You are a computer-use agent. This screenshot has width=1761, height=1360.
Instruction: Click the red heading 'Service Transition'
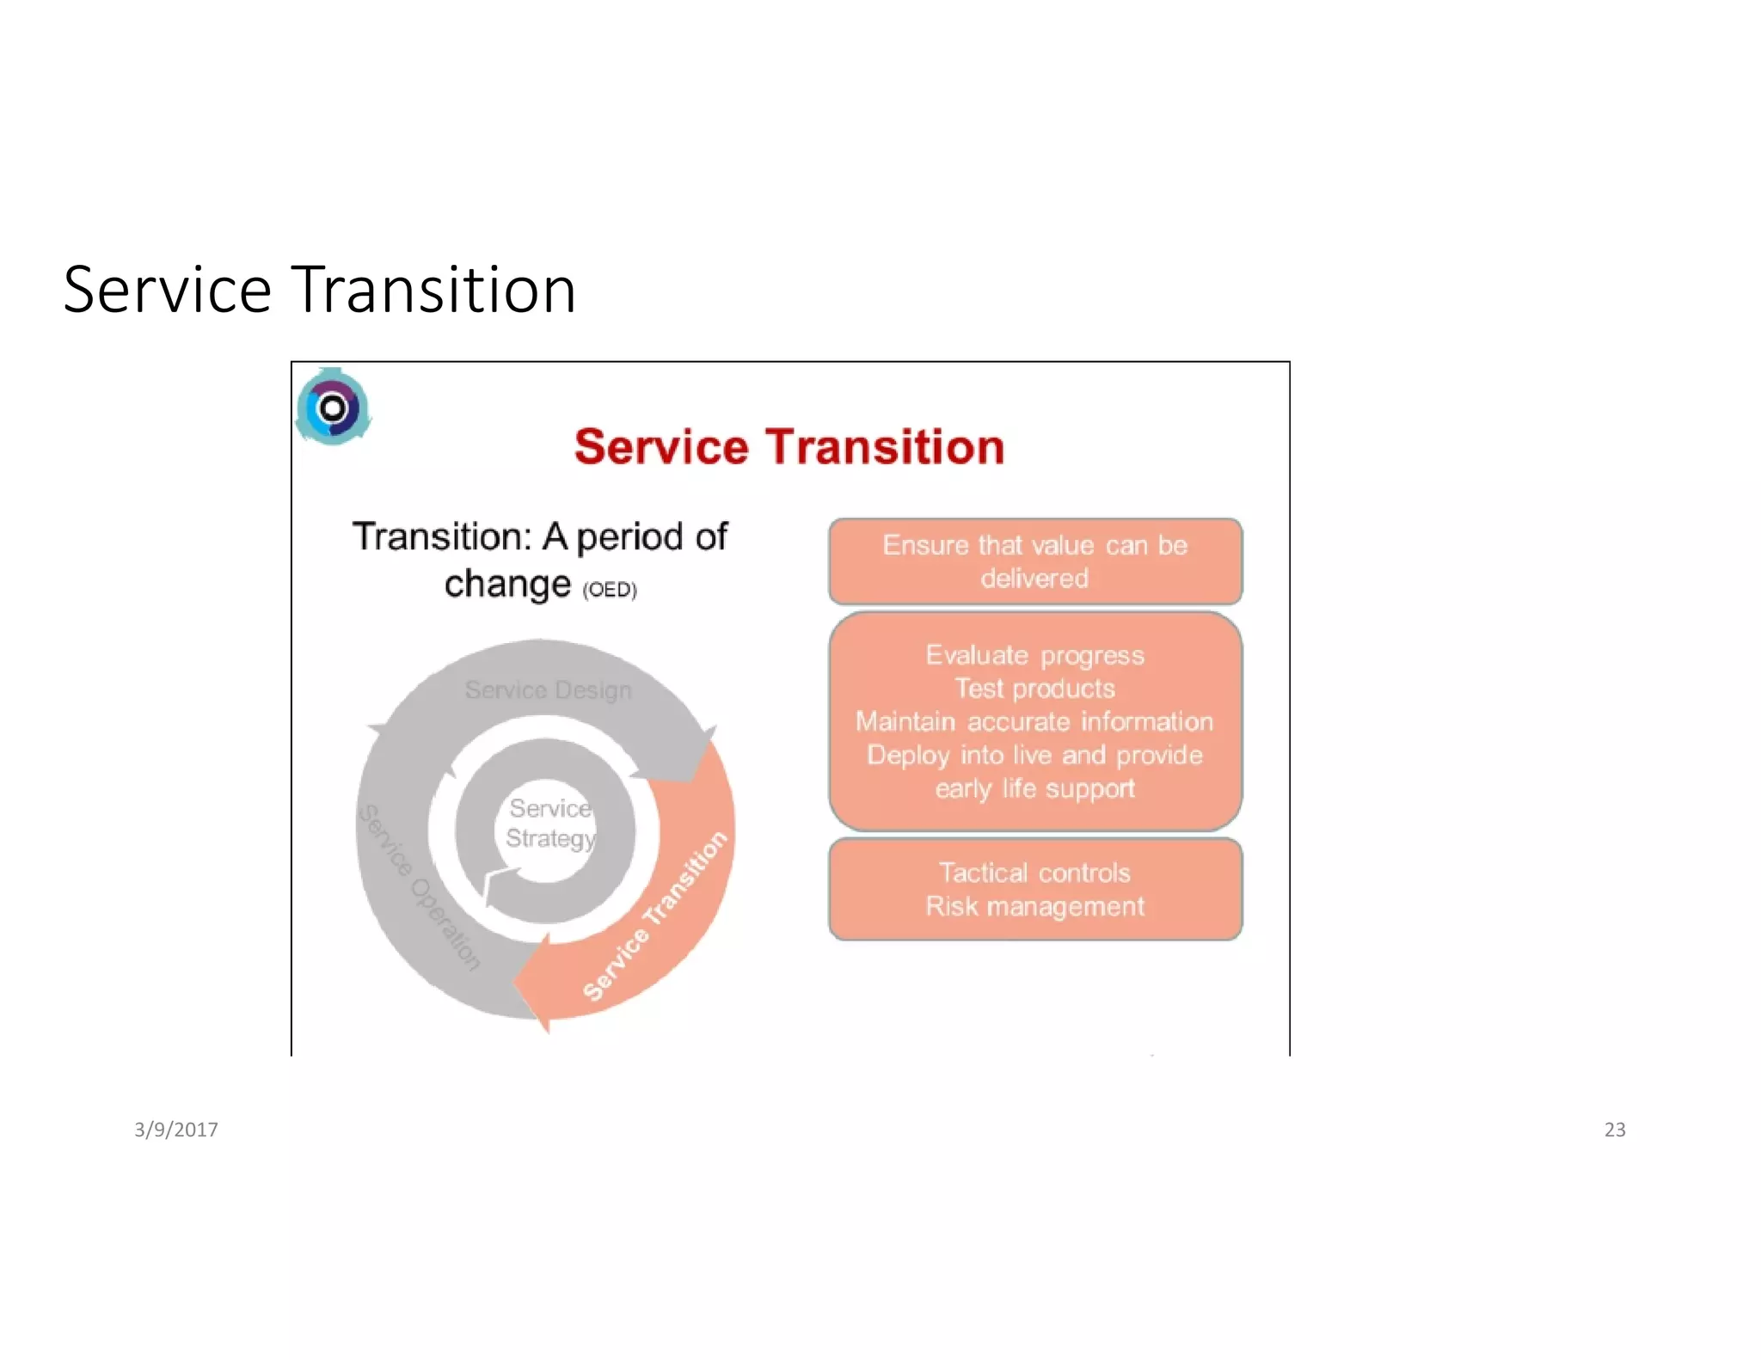point(788,447)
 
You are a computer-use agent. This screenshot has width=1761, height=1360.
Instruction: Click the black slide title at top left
point(319,291)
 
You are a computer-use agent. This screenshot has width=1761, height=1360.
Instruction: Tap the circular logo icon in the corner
point(333,407)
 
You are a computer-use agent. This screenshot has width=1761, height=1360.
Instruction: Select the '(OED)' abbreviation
point(610,590)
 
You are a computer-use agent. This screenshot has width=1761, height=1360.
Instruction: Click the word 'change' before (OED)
point(507,584)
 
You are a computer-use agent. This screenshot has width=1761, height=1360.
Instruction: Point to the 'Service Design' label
point(548,690)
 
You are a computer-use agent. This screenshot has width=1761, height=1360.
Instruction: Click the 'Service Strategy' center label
point(549,823)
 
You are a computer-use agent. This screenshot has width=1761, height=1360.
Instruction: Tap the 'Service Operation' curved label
point(419,887)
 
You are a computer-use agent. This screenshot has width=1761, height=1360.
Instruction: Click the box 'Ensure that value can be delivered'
point(1034,561)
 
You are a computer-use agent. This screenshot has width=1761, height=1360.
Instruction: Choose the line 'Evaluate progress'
point(1034,656)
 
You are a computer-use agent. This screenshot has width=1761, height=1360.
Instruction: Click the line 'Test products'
point(1034,689)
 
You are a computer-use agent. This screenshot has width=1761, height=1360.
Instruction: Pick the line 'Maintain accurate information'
point(1034,722)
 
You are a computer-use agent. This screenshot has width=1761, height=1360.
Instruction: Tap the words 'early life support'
point(1034,789)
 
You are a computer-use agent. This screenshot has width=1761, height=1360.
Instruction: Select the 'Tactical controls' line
point(1034,873)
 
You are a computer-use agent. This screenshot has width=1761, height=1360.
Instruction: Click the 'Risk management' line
point(1034,907)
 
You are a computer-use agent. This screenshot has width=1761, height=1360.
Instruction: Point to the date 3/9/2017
point(176,1130)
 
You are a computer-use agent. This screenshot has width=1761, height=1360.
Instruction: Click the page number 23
point(1614,1130)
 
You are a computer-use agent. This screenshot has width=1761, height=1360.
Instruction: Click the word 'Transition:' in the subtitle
point(442,537)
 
